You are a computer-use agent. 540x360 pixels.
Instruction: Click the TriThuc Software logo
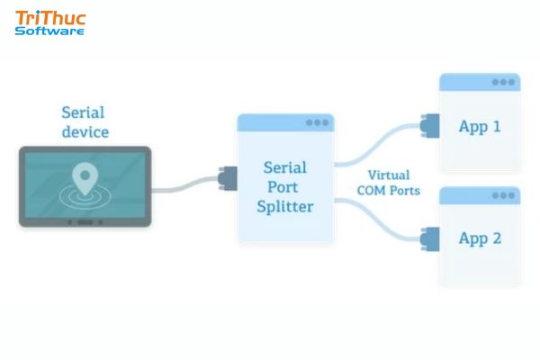coord(49,22)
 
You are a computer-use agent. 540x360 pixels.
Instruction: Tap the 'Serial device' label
coord(85,122)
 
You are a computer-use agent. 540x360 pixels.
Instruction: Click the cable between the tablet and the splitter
coord(184,188)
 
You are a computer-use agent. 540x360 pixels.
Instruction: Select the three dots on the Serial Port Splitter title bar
coord(317,122)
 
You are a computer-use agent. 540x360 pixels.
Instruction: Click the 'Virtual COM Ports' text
coord(389,183)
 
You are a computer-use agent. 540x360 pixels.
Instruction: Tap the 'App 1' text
coord(479,127)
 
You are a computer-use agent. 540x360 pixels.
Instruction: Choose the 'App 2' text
coord(479,239)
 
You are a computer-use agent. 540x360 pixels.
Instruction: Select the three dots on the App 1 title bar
coord(503,82)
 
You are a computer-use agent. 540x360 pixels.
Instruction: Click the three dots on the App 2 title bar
coord(503,194)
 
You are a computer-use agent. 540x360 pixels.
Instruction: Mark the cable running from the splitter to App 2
coord(378,220)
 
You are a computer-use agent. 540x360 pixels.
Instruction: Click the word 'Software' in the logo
coord(49,31)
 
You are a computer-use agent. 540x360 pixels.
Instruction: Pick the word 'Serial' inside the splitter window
coord(285,167)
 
